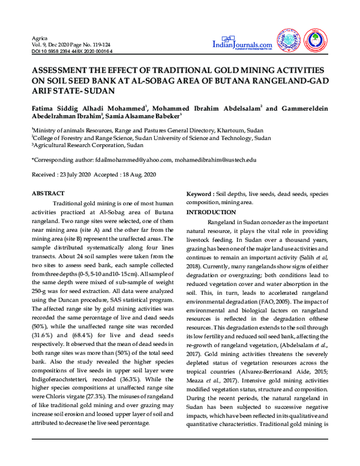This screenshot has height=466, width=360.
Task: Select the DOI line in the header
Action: [71, 52]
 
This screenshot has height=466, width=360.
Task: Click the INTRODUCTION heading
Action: [211, 213]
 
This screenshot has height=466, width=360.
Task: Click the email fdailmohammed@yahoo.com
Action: [133, 160]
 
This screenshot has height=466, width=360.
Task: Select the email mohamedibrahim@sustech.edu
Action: [216, 160]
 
